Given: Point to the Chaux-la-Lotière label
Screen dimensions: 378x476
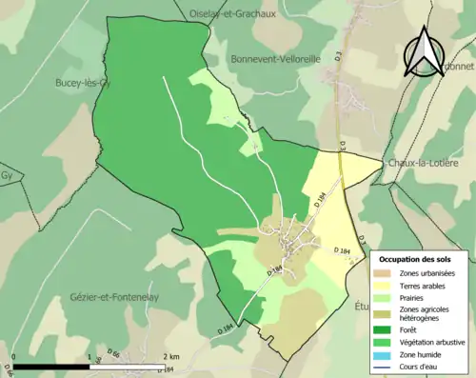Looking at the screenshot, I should pos(424,163).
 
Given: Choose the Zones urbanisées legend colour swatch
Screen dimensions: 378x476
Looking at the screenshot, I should pos(387,274).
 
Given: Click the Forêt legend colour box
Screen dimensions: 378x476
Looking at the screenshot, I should pos(387,330).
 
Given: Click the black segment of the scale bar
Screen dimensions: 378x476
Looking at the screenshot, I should pos(51,366).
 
